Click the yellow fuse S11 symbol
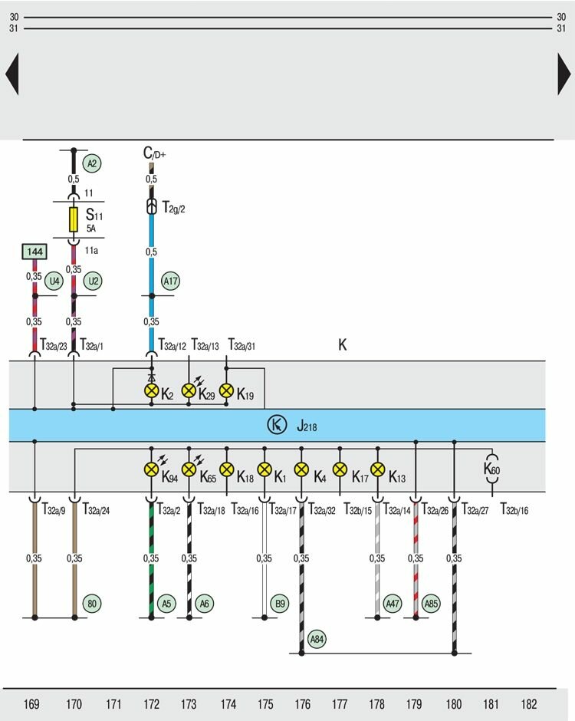coord(74,219)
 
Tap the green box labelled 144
coord(34,252)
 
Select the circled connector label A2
coord(93,163)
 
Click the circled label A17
coord(170,281)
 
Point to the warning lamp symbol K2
coord(151,390)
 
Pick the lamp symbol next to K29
coord(189,390)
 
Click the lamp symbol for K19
coord(226,390)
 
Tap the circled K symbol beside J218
coord(276,425)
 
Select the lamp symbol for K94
coord(151,469)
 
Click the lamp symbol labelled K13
coord(377,469)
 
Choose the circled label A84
coord(317,638)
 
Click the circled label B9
coord(280,604)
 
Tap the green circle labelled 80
coord(93,604)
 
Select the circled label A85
coord(432,604)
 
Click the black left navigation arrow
coord(11,74)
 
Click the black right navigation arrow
coord(564,74)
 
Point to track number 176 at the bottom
coord(302,703)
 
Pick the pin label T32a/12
coord(172,346)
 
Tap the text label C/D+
coord(154,153)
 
